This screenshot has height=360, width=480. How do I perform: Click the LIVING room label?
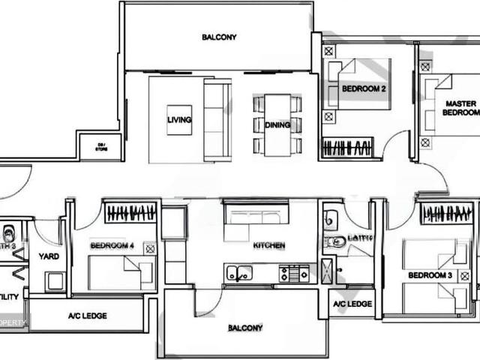point(179,120)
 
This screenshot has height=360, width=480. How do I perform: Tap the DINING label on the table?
point(277,124)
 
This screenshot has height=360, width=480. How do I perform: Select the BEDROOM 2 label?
point(364,88)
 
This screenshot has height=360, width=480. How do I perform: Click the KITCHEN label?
point(268,245)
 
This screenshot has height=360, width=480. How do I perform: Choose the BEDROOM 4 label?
point(112,245)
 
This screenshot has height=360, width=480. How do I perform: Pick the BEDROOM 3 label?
point(430,275)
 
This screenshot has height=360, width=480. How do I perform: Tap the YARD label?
point(49,256)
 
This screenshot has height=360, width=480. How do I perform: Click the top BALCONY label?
point(219,37)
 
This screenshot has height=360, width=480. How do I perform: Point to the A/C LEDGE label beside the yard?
point(88,316)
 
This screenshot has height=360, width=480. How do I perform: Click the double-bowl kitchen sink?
point(239,273)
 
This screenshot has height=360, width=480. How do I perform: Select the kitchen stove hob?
point(294,274)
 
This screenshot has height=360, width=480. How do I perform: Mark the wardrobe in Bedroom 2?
point(347,147)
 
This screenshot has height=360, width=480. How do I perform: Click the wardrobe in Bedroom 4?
point(131,213)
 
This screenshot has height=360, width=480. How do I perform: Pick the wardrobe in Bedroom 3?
point(446,214)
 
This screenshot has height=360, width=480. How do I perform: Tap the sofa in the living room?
point(217,120)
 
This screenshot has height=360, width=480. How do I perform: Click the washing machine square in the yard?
point(55,281)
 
